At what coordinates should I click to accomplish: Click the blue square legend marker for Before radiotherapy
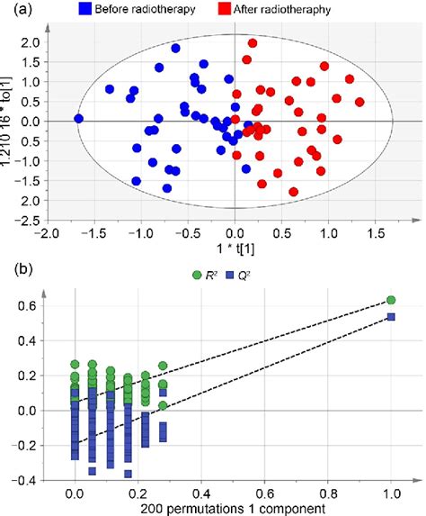[x=85, y=11]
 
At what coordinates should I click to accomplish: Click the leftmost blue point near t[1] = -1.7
[x=78, y=119]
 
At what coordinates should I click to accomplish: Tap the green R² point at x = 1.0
[x=391, y=300]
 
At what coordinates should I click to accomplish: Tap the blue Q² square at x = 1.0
[x=391, y=317]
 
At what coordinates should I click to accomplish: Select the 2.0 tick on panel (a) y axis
[x=30, y=42]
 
